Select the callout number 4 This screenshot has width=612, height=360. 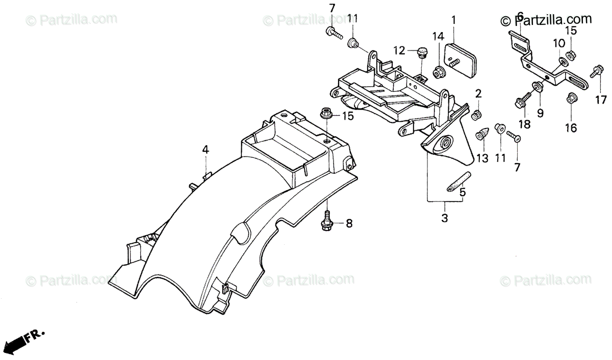205,149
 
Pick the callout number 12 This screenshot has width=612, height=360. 399,50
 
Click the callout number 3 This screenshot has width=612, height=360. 444,218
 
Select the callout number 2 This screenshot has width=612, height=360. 478,93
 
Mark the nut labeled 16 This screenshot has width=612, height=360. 571,97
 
